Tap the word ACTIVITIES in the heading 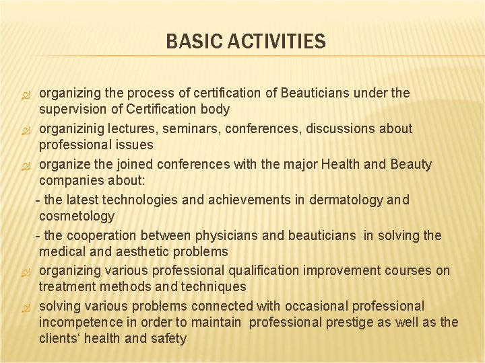pos(276,42)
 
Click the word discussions pos(338,128)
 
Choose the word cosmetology pos(77,216)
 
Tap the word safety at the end pos(168,339)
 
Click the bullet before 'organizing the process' pos(25,93)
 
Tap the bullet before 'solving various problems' pos(25,307)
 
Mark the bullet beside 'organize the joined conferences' pos(25,165)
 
